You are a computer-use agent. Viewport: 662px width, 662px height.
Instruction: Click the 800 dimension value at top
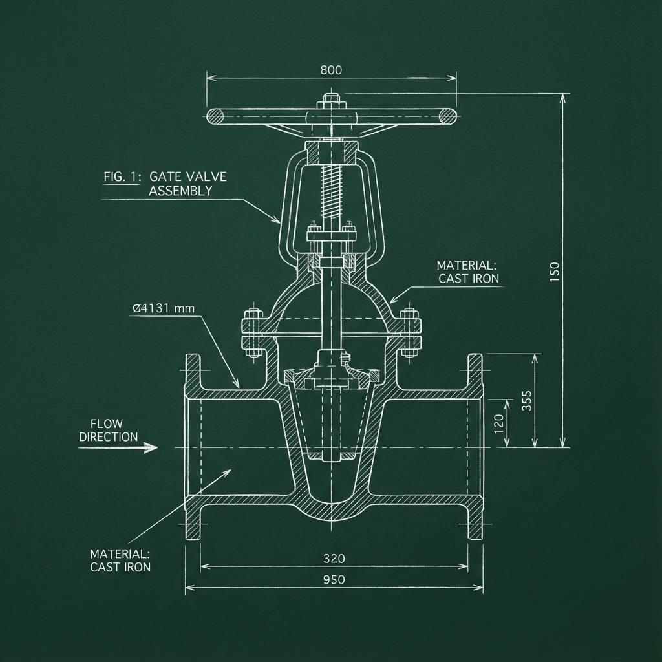[x=331, y=70]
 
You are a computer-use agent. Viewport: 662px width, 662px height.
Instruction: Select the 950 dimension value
[x=334, y=580]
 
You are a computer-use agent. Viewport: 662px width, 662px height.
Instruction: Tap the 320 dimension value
[x=334, y=558]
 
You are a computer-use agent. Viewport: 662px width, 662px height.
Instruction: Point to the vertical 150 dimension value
[x=555, y=270]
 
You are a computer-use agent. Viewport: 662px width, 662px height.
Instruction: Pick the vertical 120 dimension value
[x=498, y=423]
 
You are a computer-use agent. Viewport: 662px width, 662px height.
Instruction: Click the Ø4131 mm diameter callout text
[x=163, y=308]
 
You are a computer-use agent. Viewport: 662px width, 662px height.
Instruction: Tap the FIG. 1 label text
[x=121, y=176]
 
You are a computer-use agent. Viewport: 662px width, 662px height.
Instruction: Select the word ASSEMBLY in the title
[x=180, y=191]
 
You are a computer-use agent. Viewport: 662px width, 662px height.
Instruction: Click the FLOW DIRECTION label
[x=108, y=431]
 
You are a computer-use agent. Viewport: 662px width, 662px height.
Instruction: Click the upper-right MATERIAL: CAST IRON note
[x=467, y=272]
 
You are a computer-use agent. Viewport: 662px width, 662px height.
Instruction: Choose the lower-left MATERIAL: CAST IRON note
[x=120, y=560]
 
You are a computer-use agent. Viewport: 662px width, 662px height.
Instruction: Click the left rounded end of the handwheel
[x=216, y=116]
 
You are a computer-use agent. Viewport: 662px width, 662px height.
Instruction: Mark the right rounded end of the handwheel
[x=447, y=116]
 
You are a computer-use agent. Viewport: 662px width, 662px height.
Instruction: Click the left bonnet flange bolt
[x=251, y=332]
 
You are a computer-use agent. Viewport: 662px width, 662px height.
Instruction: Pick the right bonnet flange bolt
[x=409, y=332]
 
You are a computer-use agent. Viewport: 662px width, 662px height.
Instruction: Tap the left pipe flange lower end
[x=193, y=524]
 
